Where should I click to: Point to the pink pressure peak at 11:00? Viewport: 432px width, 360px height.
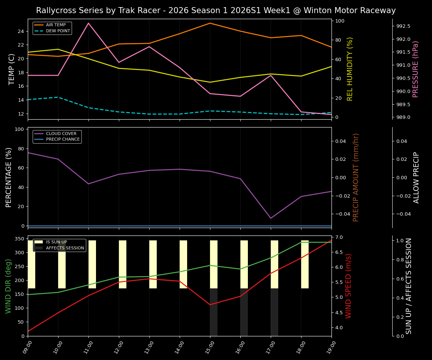pyautogui.click(x=88, y=23)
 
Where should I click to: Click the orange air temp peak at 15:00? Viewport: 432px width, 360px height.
pyautogui.click(x=210, y=23)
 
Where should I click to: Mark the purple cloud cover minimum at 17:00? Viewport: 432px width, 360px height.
pyautogui.click(x=271, y=218)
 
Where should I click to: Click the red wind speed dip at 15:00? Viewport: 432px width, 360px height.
pyautogui.click(x=210, y=304)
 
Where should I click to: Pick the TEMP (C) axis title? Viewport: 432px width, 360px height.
pyautogui.click(x=12, y=69)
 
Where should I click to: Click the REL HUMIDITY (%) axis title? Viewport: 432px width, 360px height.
pyautogui.click(x=350, y=69)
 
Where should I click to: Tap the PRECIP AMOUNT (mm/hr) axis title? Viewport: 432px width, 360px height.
pyautogui.click(x=356, y=177)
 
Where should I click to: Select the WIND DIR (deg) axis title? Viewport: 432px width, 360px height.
pyautogui.click(x=8, y=286)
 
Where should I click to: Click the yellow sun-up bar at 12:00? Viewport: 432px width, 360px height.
pyautogui.click(x=123, y=264)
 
